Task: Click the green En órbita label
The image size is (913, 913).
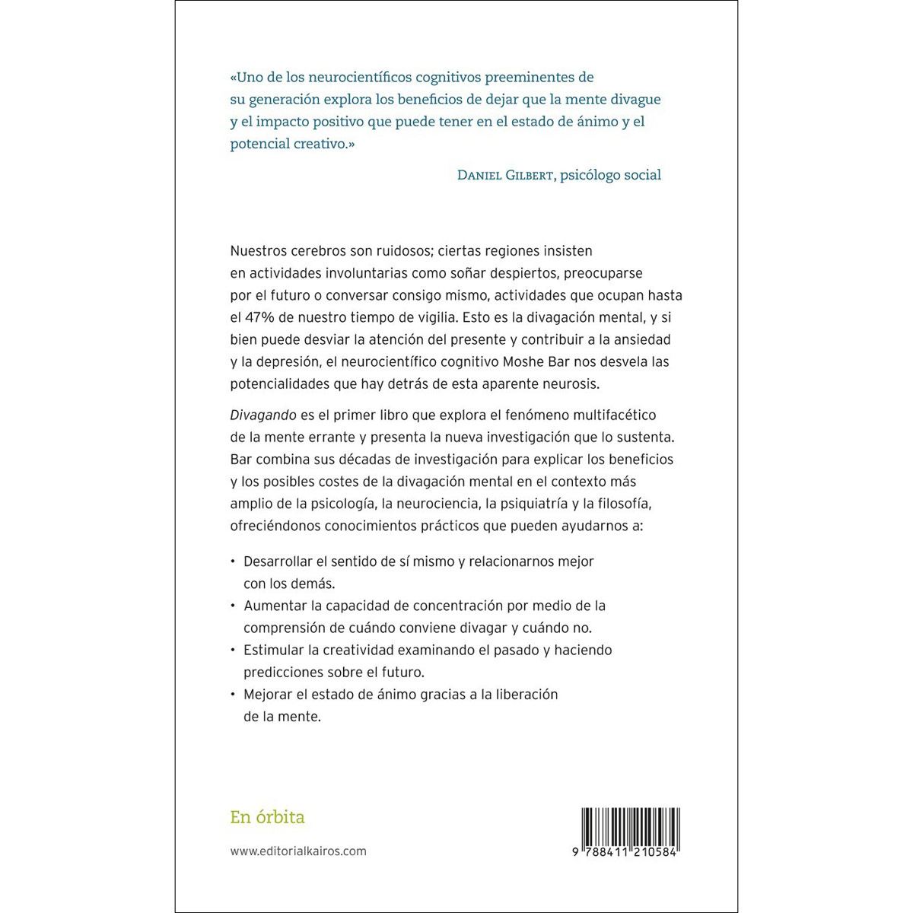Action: pos(267,817)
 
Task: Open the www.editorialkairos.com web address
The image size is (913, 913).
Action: pos(298,851)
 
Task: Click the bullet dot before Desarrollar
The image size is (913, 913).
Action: pos(233,561)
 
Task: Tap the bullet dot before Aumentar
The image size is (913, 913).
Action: pos(233,606)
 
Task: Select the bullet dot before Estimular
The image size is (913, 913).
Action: pos(233,651)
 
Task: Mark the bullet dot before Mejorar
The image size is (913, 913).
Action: pos(233,695)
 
